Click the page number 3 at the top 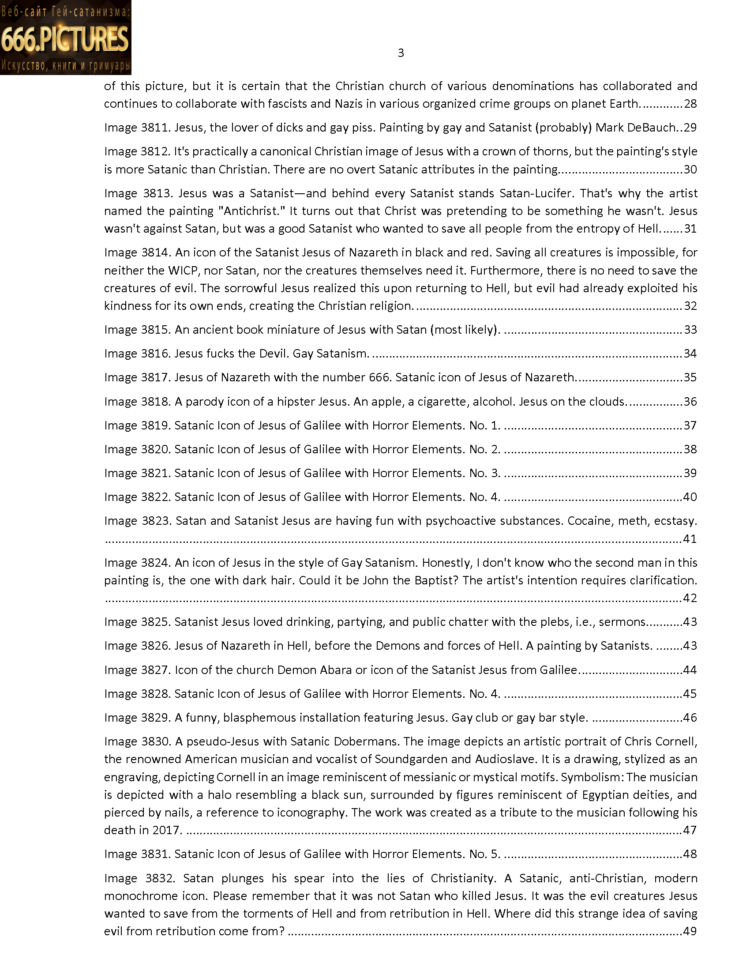point(400,53)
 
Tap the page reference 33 point(690,330)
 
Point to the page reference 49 point(690,931)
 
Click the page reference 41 point(690,539)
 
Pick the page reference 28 point(690,104)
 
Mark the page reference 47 point(690,831)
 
